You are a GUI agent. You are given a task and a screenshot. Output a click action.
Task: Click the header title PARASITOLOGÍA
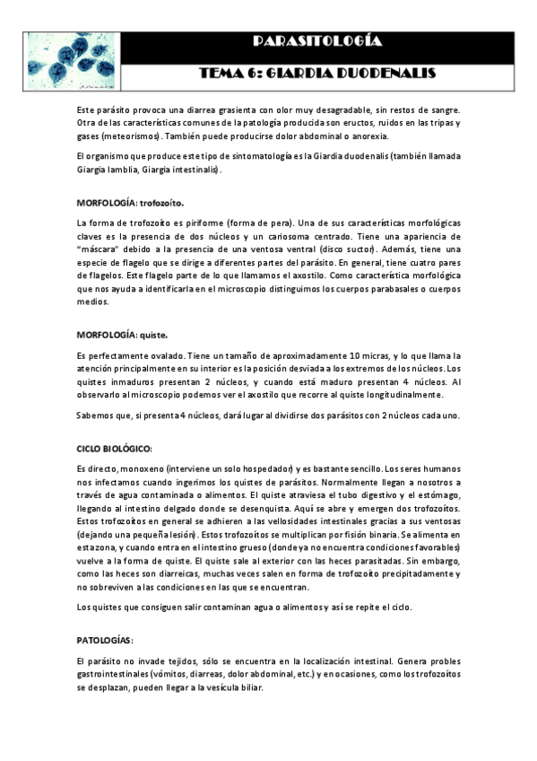pyautogui.click(x=317, y=41)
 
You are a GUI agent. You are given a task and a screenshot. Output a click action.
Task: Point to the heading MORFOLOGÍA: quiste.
pyautogui.click(x=122, y=336)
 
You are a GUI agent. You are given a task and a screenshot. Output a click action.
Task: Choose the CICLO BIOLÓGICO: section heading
pyautogui.click(x=115, y=448)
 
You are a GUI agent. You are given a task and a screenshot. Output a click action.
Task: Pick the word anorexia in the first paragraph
pyautogui.click(x=369, y=136)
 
